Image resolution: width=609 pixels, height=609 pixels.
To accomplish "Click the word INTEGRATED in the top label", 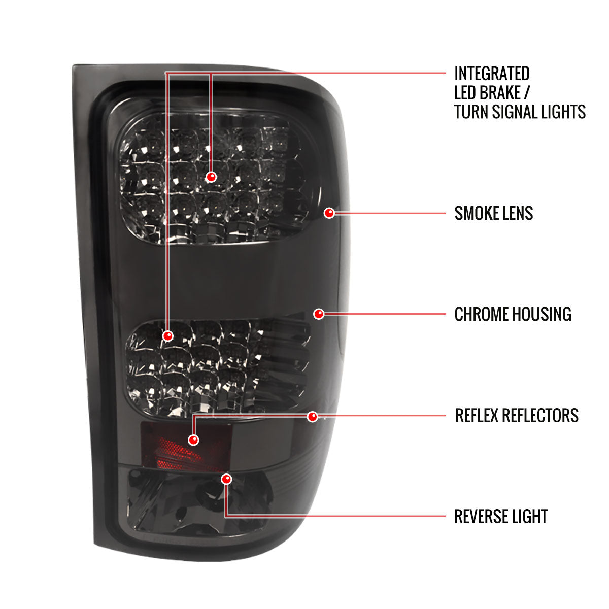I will click(x=492, y=74).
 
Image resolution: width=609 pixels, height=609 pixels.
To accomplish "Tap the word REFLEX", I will click(x=476, y=416).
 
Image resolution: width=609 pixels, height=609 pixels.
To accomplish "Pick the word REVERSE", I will click(x=480, y=517).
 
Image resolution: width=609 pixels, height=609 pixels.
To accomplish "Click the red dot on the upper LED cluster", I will click(x=212, y=177).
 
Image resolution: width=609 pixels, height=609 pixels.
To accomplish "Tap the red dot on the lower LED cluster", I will click(x=168, y=335).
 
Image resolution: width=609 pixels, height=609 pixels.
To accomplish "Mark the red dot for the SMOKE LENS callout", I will click(x=329, y=213).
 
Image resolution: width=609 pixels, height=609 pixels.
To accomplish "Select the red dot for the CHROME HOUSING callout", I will click(x=319, y=314).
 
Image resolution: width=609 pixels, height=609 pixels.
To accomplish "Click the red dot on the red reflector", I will click(x=193, y=440).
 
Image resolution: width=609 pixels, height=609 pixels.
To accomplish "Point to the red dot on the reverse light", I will click(x=226, y=479).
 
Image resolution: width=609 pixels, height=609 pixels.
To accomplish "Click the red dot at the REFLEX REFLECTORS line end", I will click(x=313, y=416).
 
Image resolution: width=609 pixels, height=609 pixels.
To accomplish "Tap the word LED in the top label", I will click(x=465, y=93).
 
